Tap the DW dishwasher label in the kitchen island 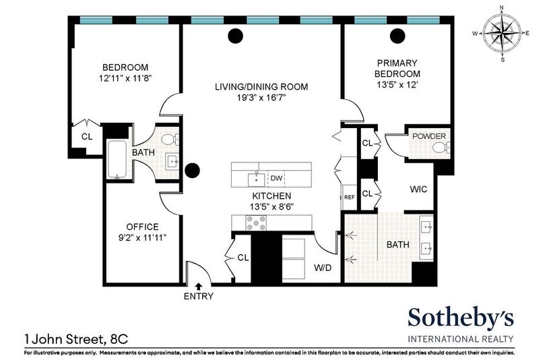click(276, 178)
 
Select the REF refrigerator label click(349, 198)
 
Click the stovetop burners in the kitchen click(256, 222)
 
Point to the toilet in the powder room click(441, 147)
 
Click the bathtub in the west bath click(117, 159)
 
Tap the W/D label click(323, 268)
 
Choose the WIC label click(418, 189)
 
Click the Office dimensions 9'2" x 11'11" click(142, 237)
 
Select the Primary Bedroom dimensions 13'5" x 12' click(398, 84)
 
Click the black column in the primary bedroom click(398, 36)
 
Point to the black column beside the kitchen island click(192, 170)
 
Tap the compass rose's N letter click(501, 7)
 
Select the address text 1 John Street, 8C click(76, 339)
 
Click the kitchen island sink click(257, 179)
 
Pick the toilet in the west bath click(170, 140)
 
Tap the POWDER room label click(429, 136)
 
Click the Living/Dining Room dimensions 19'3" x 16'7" click(261, 98)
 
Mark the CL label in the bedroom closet click(87, 136)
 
